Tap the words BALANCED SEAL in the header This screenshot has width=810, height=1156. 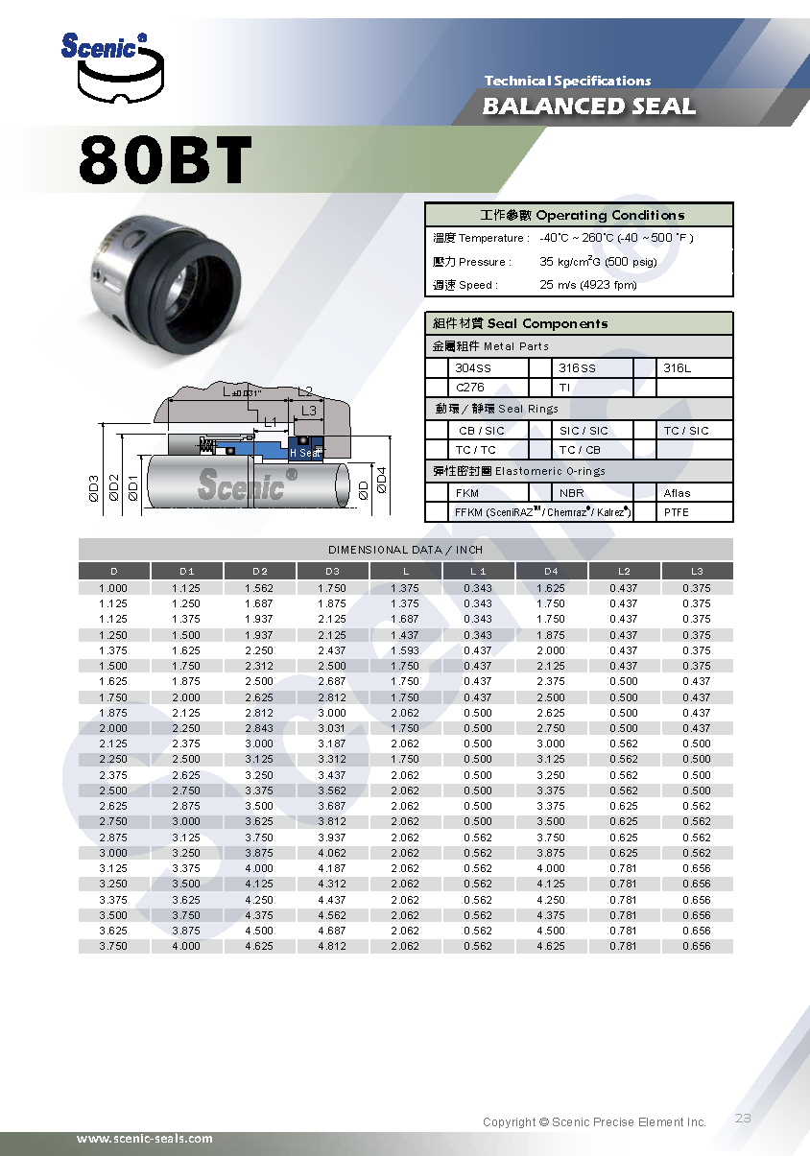tap(588, 106)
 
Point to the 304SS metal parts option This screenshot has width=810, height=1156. tap(472, 368)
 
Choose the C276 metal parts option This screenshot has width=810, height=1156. tap(469, 388)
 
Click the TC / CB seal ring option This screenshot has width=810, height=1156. tap(581, 450)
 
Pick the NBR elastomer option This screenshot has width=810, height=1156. tap(571, 493)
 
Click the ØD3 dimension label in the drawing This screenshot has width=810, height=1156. tap(93, 488)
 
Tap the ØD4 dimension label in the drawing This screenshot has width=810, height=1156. tap(381, 479)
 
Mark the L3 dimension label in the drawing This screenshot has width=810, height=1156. tap(308, 411)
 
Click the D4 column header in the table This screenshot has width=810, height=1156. tap(550, 571)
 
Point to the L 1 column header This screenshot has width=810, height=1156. tap(478, 571)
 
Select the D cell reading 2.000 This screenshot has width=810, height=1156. tap(113, 728)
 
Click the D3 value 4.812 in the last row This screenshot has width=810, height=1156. tap(332, 946)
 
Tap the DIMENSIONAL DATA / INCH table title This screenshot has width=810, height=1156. tap(405, 550)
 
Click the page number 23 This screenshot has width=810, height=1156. tap(743, 1118)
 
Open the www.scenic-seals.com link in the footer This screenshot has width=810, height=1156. tap(145, 1139)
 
